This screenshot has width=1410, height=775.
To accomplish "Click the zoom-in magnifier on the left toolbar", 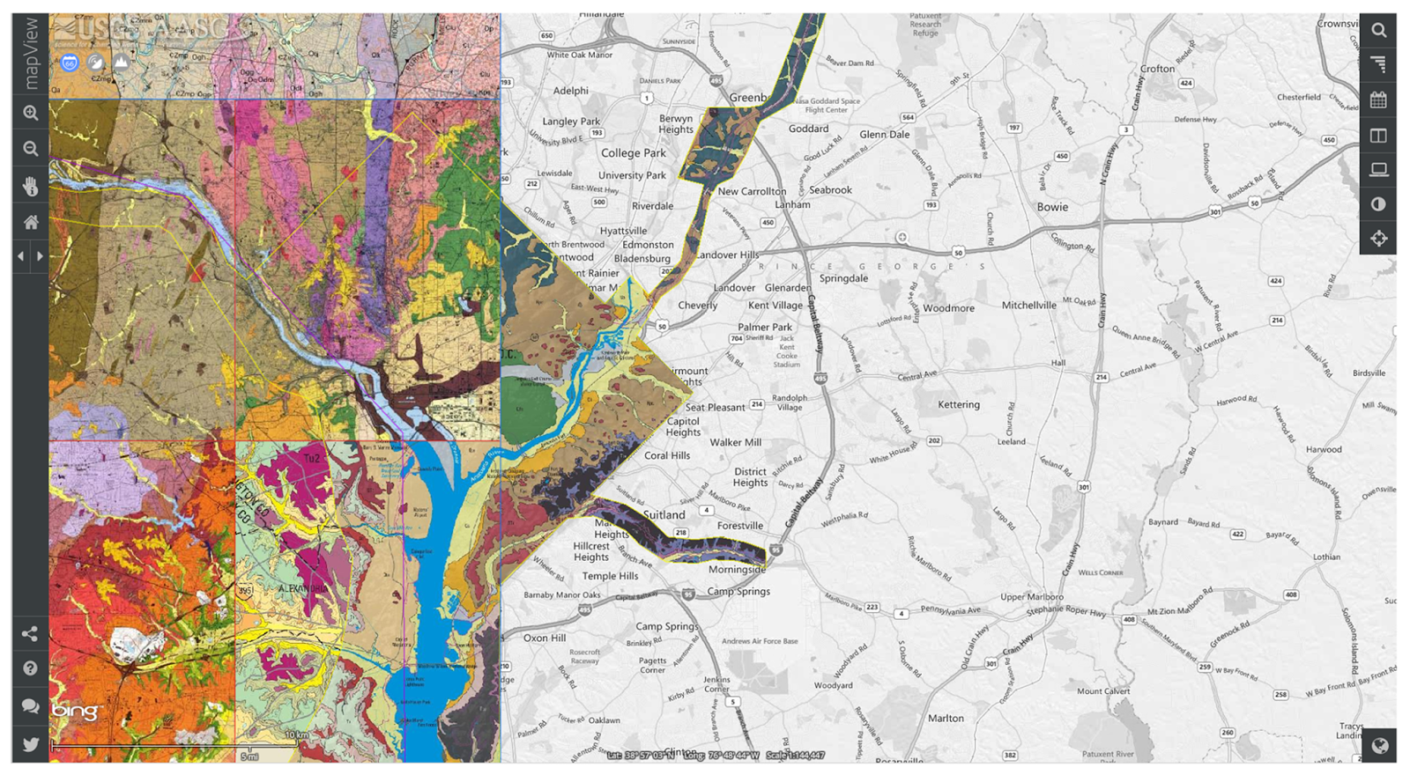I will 30,114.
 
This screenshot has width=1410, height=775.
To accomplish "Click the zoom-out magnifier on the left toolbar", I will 30,149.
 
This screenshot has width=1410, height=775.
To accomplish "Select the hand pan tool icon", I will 30,186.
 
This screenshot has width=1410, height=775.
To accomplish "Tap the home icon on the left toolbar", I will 30,222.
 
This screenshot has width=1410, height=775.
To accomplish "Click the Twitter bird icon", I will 30,744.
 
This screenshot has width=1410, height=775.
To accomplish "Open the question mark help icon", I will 30,668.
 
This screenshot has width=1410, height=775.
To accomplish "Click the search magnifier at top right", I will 1378,31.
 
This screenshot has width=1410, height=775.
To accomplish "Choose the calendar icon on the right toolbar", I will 1378,100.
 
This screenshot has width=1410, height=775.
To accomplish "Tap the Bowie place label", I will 1052,207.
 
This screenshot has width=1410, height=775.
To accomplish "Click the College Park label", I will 633,153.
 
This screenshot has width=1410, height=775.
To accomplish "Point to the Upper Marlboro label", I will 1031,596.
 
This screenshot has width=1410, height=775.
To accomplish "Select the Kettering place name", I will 958,405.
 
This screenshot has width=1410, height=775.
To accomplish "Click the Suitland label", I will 664,515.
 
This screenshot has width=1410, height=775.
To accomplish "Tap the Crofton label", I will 1157,69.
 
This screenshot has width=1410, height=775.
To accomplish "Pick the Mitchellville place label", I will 1028,306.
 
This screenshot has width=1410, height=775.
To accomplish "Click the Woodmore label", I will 948,308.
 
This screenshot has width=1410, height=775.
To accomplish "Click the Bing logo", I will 76,711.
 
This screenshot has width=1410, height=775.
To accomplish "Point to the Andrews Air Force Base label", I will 760,641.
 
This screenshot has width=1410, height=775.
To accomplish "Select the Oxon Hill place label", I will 545,638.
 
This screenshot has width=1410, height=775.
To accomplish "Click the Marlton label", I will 946,719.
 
